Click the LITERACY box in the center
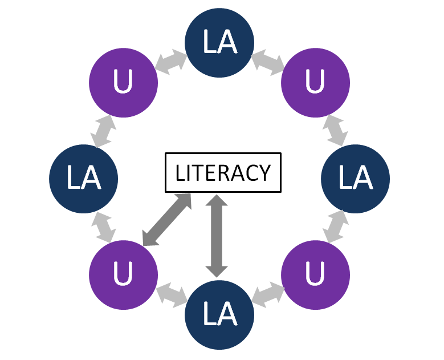coord(223,172)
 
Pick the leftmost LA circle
coord(84,178)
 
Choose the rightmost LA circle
coord(356,178)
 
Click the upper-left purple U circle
coord(123,83)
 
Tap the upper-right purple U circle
coord(316,83)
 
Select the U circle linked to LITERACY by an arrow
coord(123,274)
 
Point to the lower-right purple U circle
coord(316,274)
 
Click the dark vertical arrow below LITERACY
coord(217,234)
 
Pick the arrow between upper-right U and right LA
coord(336,131)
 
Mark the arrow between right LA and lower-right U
coord(336,226)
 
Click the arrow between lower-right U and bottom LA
coord(267,296)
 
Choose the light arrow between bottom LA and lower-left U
coord(172,296)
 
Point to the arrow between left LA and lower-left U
coord(103,226)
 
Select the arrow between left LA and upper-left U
coord(103,131)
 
